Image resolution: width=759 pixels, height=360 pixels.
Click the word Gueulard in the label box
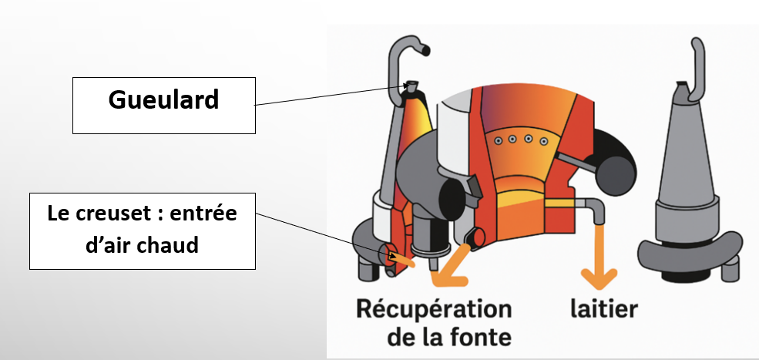[163, 100]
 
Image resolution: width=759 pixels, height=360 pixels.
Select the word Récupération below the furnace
[434, 309]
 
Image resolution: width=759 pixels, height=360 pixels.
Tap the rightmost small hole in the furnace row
[544, 141]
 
